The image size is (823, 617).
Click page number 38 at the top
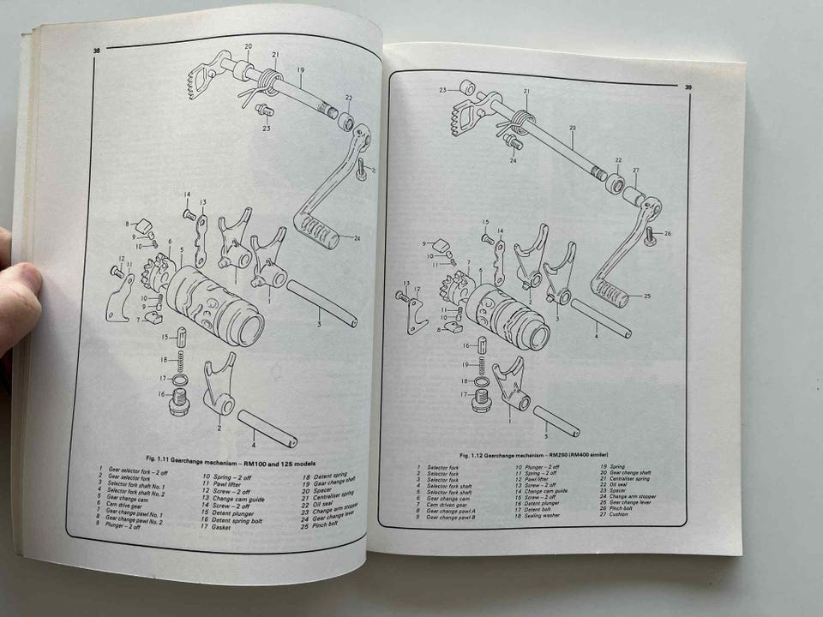(x=96, y=53)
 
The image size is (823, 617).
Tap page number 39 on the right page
(x=688, y=86)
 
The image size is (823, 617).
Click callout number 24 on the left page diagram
(x=357, y=237)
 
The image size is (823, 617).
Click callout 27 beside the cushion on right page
(x=635, y=171)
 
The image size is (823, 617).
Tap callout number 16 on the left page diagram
(x=160, y=394)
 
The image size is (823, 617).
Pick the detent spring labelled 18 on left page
(x=182, y=361)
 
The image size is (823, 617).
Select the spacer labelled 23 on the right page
(x=467, y=87)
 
